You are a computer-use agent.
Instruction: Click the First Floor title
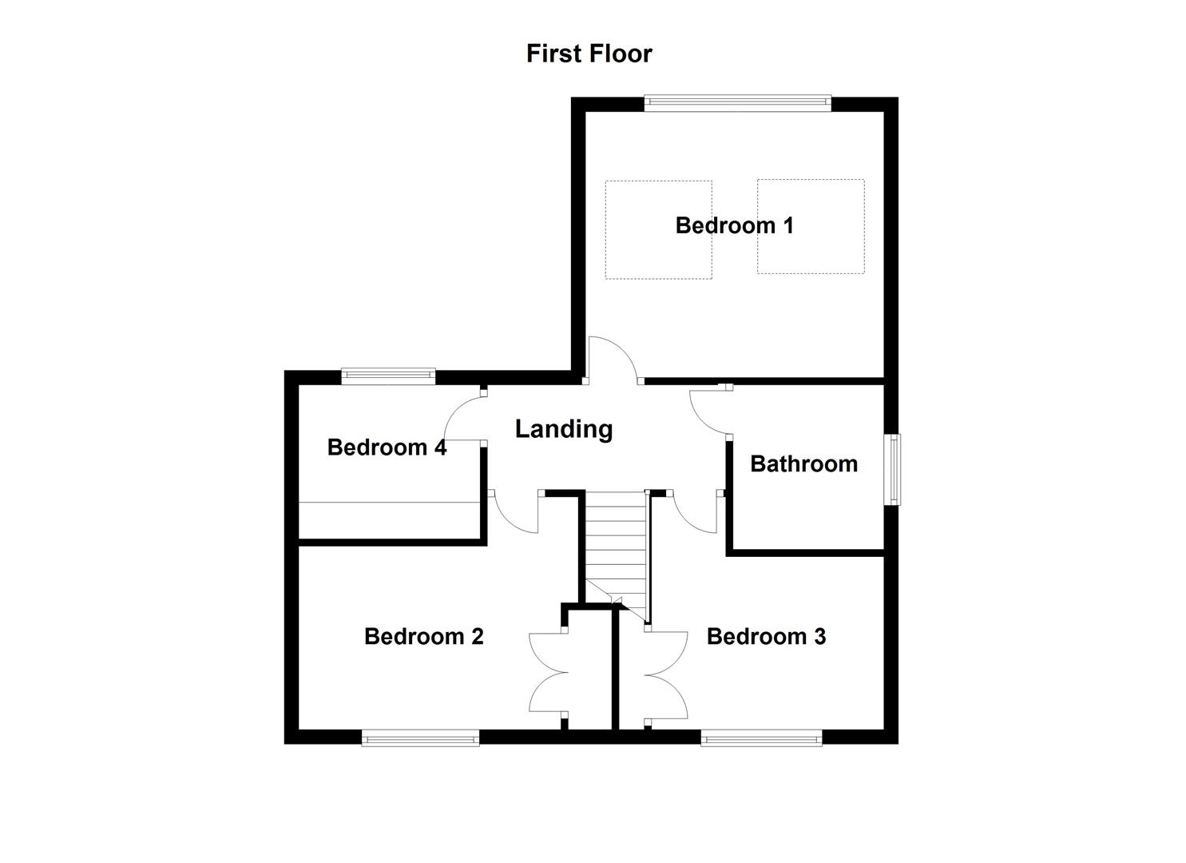click(x=589, y=54)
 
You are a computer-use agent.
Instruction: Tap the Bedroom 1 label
click(x=734, y=225)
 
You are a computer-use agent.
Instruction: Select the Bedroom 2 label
click(x=423, y=636)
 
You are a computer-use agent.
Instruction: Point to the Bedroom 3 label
click(x=766, y=636)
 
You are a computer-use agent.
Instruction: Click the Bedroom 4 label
click(x=387, y=447)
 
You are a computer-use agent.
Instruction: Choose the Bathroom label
click(x=803, y=463)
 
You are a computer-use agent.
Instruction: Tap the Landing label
click(x=563, y=429)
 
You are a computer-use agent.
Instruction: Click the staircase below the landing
click(x=614, y=551)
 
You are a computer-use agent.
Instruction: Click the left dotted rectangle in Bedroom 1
click(x=658, y=229)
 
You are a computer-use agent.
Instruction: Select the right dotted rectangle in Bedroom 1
click(x=810, y=227)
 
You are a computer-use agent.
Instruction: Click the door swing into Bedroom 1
click(x=611, y=360)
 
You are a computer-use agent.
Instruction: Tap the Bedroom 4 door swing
click(x=463, y=417)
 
